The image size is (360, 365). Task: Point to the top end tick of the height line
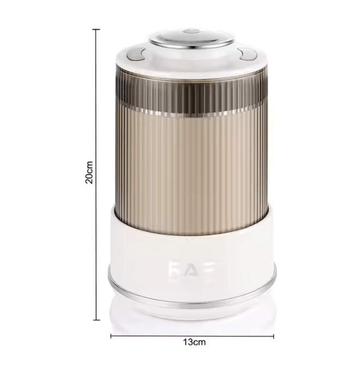point(97,29)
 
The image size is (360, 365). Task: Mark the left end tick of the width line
point(111,336)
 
